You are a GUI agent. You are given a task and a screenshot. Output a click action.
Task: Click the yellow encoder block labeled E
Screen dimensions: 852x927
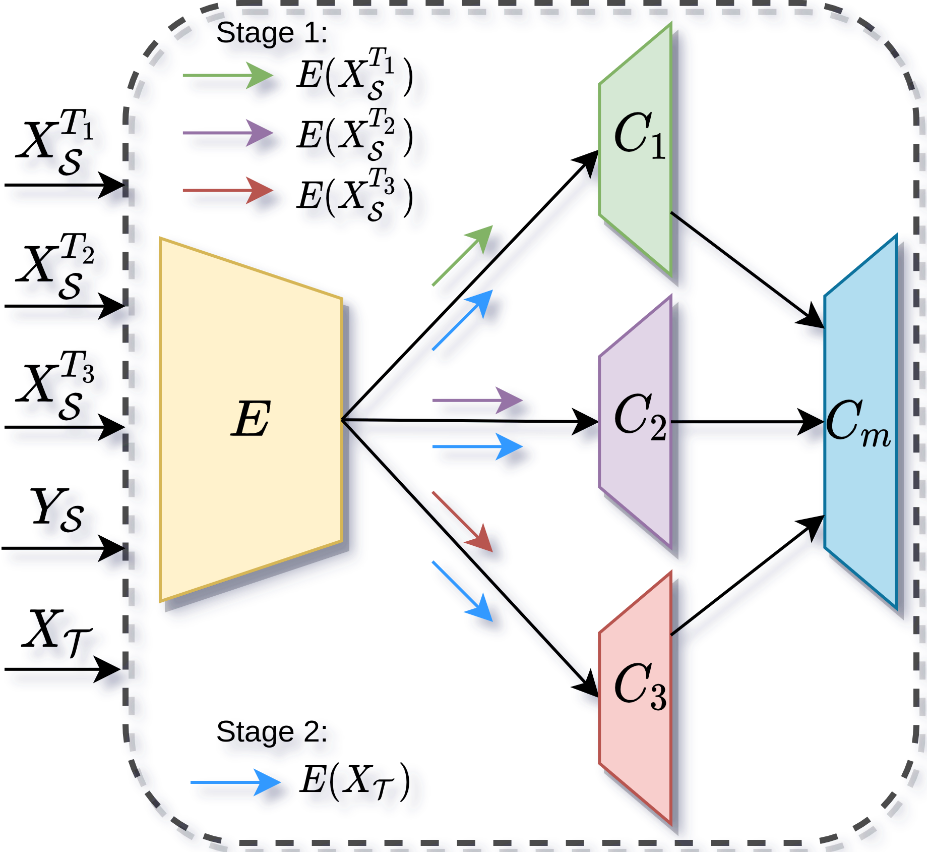[251, 419]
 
